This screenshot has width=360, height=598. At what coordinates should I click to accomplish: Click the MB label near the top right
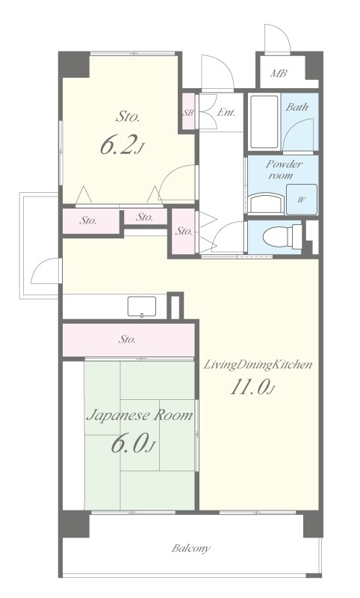tap(279, 73)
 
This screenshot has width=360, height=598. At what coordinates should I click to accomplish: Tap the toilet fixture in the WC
tap(282, 236)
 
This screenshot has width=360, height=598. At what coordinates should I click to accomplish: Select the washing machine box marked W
tap(302, 200)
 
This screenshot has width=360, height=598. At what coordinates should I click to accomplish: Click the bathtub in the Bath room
tap(264, 122)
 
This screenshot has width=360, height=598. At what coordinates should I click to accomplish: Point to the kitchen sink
tap(142, 306)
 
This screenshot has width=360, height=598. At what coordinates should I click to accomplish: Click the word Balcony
tap(191, 549)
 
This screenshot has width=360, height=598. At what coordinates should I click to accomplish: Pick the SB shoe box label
tap(188, 113)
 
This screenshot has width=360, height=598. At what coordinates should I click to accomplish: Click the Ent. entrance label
tap(226, 113)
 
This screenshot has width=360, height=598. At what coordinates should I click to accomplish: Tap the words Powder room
tap(284, 170)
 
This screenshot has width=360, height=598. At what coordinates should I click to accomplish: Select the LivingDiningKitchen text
tap(258, 365)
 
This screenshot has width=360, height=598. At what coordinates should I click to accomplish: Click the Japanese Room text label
tap(140, 415)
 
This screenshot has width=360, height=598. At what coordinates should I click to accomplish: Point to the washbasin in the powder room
tap(267, 203)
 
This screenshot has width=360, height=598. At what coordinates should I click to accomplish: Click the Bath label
tap(297, 107)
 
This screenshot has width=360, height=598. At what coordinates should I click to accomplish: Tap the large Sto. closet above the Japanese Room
tap(128, 339)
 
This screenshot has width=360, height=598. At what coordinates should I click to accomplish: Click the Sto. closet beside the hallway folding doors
tap(183, 231)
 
